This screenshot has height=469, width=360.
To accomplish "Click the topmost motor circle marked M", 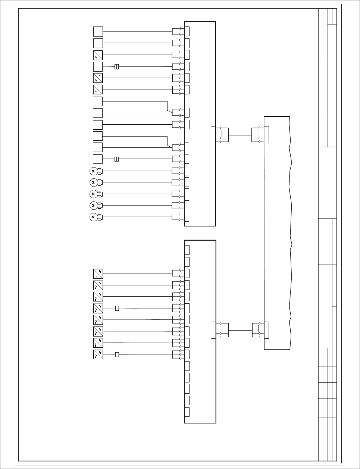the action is point(93,171).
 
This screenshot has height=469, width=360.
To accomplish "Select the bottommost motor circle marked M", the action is point(93,217).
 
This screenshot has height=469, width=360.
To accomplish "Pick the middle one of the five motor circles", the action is point(93,194).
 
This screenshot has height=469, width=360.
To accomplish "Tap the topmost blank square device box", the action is point(98,32).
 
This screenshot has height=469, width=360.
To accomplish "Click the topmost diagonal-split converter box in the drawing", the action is point(98,55).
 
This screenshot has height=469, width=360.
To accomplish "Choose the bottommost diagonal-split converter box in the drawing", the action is point(98,354).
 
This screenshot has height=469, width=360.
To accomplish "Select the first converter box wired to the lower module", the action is point(98,273).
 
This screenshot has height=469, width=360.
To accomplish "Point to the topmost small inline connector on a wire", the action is point(117,67).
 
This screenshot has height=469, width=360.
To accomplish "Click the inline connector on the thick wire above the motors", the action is point(117,159).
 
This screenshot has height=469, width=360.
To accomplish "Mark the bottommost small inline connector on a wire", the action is point(117,354).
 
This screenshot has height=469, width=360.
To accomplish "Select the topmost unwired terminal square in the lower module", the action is point(187,250).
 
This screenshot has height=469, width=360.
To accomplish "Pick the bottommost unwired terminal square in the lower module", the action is point(187,412).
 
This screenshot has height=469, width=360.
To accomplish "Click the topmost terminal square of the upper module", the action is point(187,31).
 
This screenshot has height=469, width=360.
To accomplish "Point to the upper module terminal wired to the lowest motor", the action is point(187,217).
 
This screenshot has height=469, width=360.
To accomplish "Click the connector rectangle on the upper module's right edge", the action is point(213,135).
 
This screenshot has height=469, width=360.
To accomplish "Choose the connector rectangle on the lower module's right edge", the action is point(213,330).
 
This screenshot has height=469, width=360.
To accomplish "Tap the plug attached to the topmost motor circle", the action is point(100,171).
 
